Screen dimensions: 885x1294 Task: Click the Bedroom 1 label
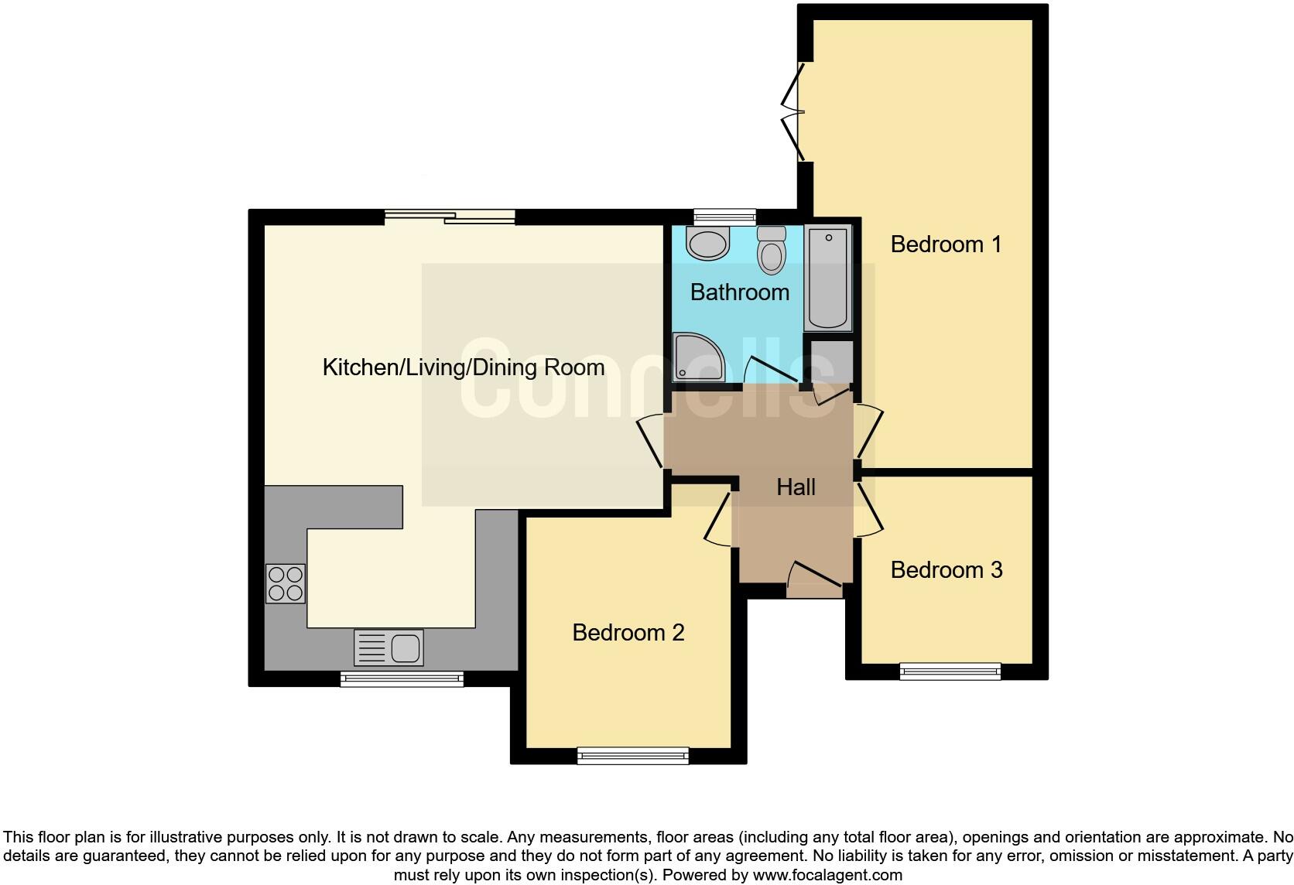point(946,244)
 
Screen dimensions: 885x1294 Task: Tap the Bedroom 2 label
point(628,633)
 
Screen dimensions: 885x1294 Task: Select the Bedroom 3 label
point(946,570)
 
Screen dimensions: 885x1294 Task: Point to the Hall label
point(796,487)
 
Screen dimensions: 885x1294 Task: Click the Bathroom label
point(739,292)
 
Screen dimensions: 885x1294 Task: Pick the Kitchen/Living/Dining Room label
point(463,367)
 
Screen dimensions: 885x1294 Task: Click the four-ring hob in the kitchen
point(285,583)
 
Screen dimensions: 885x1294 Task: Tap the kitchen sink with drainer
point(389,648)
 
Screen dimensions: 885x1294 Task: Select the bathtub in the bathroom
point(828,278)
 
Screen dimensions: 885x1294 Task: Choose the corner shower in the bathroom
point(697,357)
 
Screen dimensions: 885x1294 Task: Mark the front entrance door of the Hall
point(815,579)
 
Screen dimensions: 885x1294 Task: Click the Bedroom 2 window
point(633,755)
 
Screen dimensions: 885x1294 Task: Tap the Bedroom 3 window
point(950,671)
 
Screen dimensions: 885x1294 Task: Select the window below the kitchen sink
point(402,679)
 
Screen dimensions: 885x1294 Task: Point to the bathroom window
point(724,216)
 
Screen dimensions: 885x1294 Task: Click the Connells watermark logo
point(647,379)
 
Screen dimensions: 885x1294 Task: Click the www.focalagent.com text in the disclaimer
point(827,875)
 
